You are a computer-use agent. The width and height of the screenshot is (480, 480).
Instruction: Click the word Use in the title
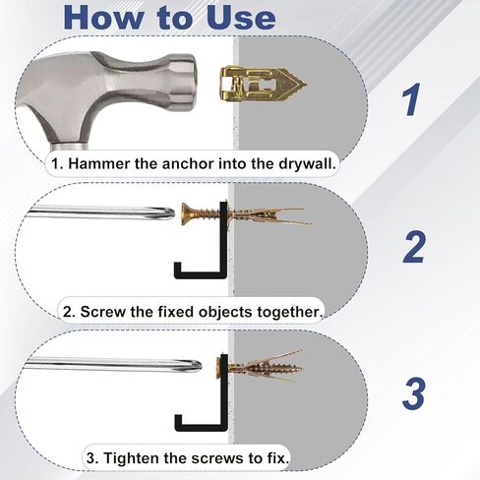coord(241,17)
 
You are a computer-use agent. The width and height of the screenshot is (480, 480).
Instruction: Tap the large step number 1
coord(411,99)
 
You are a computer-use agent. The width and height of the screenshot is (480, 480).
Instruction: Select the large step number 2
coord(414,247)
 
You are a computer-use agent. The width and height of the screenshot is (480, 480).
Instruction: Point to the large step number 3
coord(414,394)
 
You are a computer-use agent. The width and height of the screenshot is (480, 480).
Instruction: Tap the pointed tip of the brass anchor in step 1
coord(305,84)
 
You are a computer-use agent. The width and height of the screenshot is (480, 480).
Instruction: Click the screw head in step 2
coord(185,213)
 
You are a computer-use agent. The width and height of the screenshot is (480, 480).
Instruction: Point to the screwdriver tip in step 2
coord(170,212)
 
